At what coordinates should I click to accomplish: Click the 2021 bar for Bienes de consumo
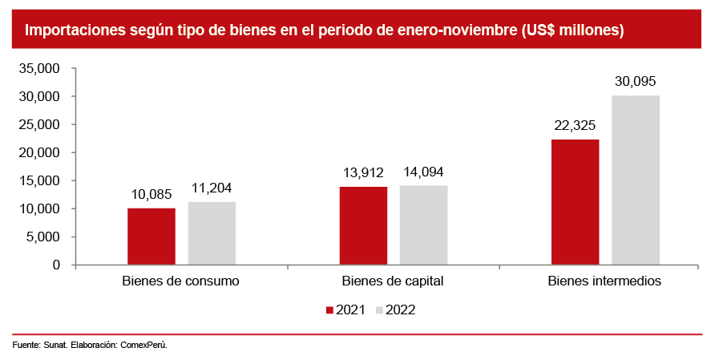click(x=151, y=237)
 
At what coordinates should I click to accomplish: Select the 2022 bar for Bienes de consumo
click(x=212, y=233)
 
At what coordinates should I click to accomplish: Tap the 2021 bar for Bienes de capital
click(x=363, y=225)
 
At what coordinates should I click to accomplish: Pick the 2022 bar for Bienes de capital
click(x=423, y=225)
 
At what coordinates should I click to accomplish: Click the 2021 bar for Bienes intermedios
click(x=576, y=202)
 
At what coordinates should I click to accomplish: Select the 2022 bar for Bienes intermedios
click(x=636, y=180)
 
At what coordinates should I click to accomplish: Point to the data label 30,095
click(x=636, y=81)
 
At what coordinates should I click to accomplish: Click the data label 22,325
click(x=576, y=125)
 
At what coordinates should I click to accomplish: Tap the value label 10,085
click(x=151, y=194)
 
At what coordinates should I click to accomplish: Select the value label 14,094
click(x=423, y=172)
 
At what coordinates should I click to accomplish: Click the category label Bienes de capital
click(x=393, y=281)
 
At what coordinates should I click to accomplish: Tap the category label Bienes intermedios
click(x=604, y=281)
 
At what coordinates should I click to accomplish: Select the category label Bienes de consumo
click(x=181, y=281)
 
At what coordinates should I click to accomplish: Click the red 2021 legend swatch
click(x=329, y=309)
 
